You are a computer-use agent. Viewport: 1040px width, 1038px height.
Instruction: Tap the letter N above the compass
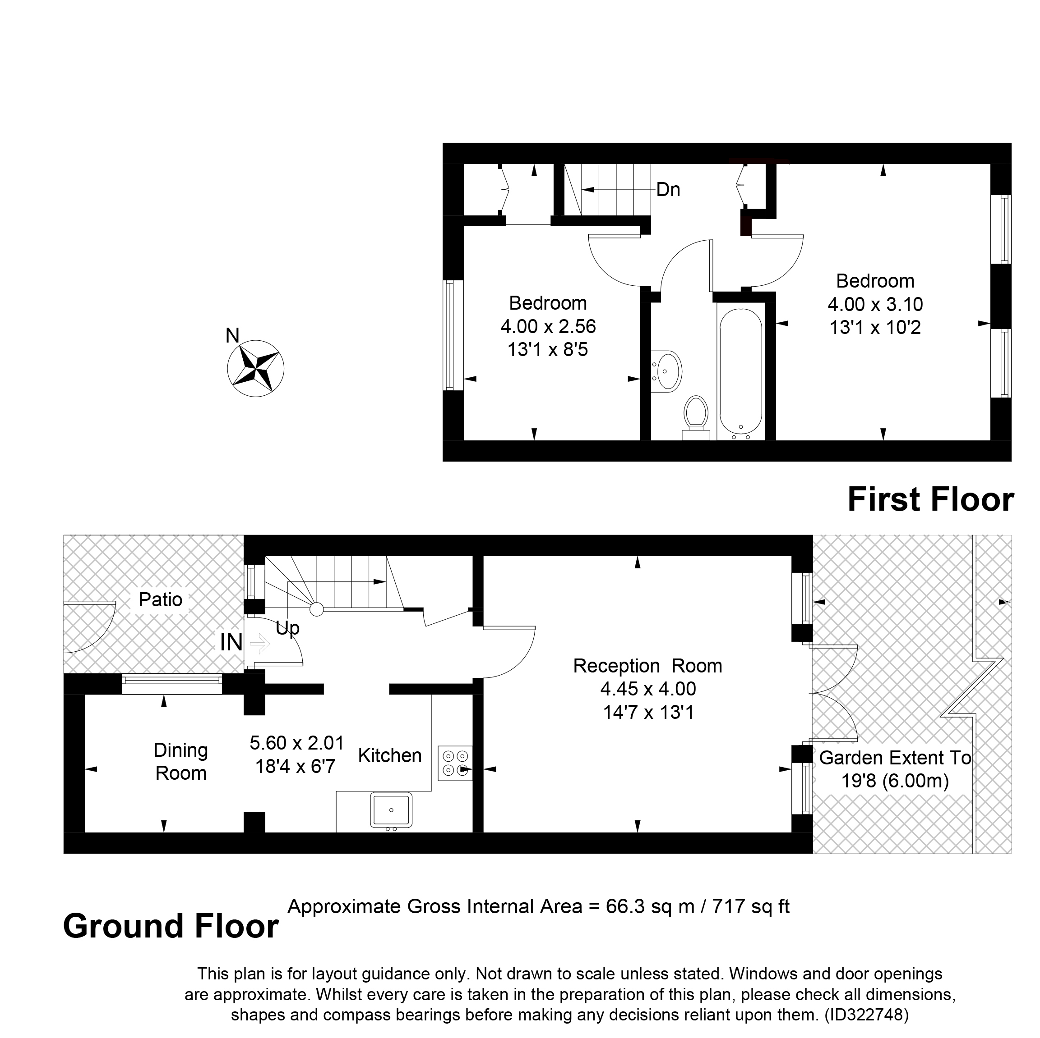[232, 336]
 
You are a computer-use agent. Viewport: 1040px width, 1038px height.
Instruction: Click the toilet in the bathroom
[695, 417]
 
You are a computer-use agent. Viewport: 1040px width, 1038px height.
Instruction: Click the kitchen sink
[391, 809]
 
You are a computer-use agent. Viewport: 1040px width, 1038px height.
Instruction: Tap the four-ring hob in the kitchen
[455, 763]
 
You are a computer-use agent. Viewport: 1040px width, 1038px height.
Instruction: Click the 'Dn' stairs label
[668, 189]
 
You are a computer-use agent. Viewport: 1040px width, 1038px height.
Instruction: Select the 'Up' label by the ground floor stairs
[287, 628]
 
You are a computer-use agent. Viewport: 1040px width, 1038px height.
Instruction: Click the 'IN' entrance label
[231, 642]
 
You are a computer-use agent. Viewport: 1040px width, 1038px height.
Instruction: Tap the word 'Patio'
[161, 599]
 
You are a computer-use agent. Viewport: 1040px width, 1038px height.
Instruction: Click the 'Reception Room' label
[647, 666]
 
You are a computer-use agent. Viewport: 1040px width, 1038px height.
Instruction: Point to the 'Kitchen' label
[390, 756]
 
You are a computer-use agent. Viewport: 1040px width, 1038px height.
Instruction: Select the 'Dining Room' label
[181, 762]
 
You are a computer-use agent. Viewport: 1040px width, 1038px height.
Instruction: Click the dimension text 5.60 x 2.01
[296, 743]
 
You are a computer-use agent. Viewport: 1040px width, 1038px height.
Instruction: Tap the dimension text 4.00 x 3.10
[875, 304]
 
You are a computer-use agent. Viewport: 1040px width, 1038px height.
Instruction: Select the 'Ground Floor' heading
[171, 926]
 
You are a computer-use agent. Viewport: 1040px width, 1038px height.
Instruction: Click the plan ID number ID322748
[866, 1015]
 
